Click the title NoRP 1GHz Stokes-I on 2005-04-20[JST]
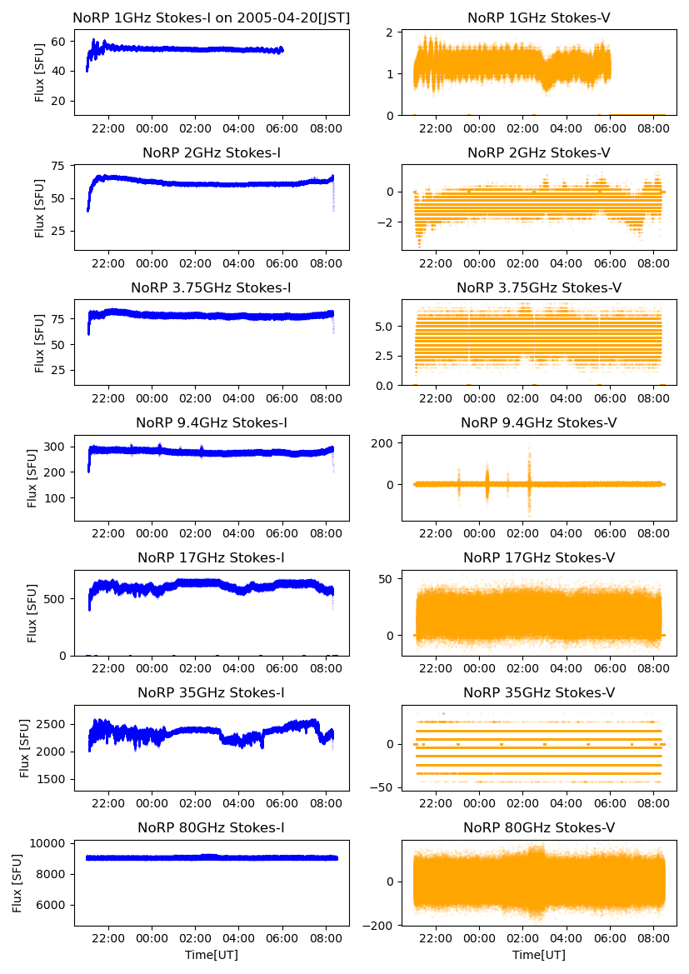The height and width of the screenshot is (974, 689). coord(211,18)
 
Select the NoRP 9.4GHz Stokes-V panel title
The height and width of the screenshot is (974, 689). coord(539,423)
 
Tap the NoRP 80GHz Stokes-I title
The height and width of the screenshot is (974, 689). coord(211,828)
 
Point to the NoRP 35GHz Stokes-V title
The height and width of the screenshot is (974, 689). coord(539,693)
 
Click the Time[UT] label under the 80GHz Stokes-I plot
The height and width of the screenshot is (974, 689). coord(211,955)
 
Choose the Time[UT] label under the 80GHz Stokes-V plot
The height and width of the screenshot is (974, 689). coord(539,955)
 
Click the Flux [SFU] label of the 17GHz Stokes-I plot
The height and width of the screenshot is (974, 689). coord(32,612)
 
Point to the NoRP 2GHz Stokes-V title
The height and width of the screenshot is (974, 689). coord(539,153)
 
